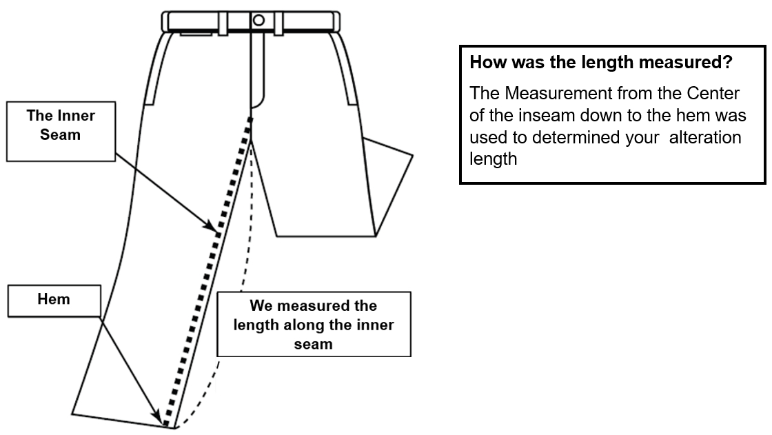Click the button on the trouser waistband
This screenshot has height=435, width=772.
258,20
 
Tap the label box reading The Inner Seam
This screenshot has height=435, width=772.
60,124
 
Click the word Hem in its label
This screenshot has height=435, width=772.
53,300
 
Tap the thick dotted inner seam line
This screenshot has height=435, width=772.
207,276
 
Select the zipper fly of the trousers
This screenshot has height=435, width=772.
257,69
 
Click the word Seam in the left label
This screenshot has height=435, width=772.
60,134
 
